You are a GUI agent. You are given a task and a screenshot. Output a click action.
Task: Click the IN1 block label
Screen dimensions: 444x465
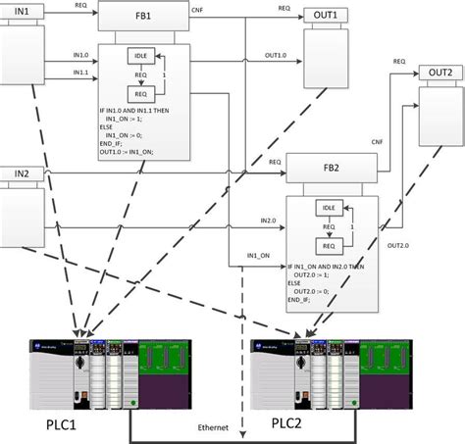pos(19,13)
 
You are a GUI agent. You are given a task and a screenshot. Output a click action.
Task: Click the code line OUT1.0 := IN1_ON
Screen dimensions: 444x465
pos(132,153)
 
